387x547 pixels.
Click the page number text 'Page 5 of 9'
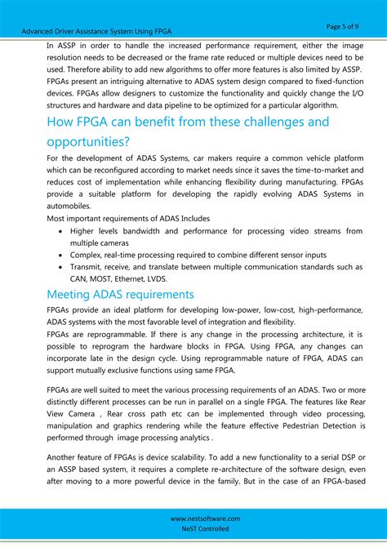[345, 26]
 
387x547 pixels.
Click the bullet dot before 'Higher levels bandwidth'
[61, 232]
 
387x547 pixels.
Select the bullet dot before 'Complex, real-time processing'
[61, 255]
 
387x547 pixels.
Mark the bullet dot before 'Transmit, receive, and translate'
[61, 267]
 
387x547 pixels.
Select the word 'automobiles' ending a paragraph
[73, 207]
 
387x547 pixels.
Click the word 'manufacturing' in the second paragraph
[310, 181]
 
